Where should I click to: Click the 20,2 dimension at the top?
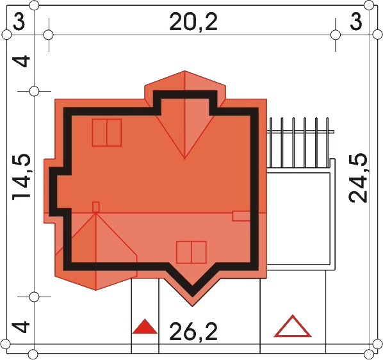coord(193,22)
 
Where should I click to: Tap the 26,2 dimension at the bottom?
coord(193,331)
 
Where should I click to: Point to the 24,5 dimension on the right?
coord(358,178)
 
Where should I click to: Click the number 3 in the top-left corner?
coord(19,22)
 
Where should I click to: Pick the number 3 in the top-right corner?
coord(355,22)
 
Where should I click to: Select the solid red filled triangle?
coord(145,327)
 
